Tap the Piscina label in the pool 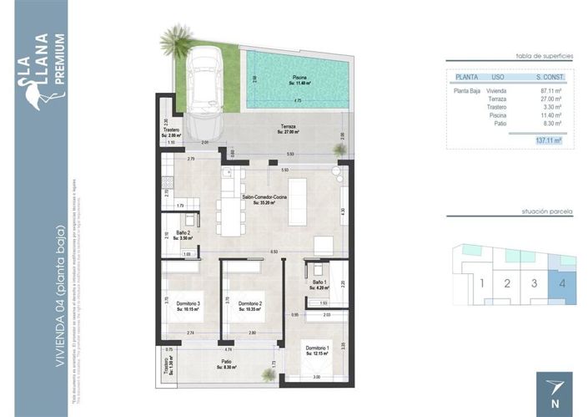299,80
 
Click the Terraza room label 288,129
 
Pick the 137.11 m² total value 547,141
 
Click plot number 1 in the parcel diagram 481,282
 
